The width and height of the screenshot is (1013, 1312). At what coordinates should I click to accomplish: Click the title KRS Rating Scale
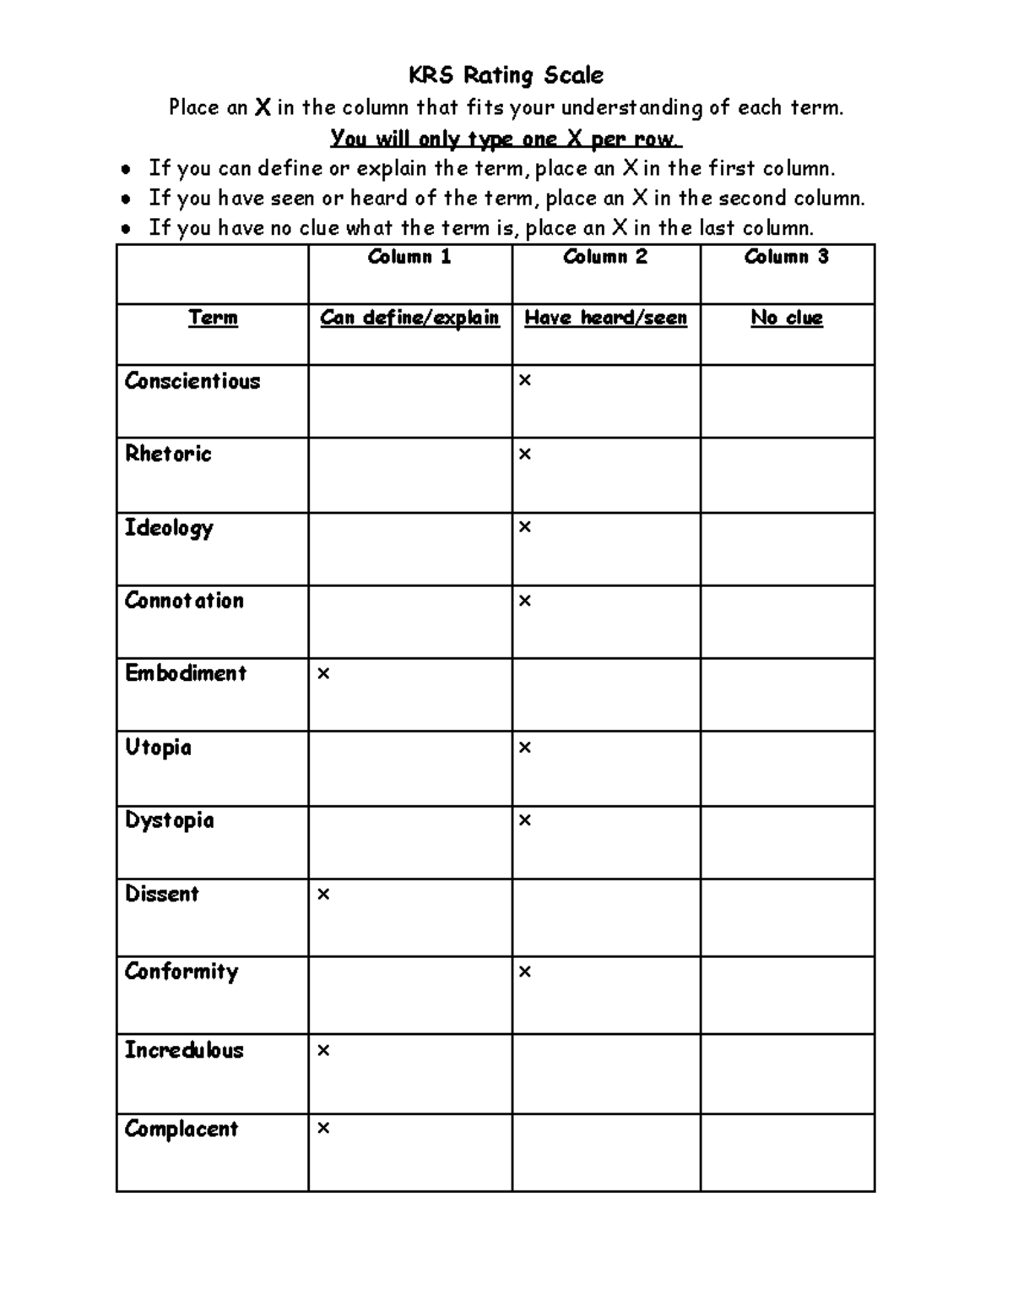pos(506,75)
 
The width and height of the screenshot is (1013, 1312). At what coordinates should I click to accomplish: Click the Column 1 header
pos(409,257)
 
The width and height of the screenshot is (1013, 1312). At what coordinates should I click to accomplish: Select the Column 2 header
pos(605,257)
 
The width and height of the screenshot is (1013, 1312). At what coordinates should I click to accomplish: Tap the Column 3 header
pos(787,257)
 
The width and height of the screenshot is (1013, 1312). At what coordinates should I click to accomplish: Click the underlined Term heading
pos(213,318)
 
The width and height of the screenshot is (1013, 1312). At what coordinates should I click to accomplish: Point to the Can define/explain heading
pos(409,318)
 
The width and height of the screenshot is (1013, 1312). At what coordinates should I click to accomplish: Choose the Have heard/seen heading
pos(605,318)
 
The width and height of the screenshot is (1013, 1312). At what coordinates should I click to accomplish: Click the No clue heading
pos(787,318)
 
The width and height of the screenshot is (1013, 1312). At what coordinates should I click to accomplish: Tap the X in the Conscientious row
pos(525,381)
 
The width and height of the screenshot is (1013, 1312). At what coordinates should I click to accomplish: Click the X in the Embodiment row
pos(322,674)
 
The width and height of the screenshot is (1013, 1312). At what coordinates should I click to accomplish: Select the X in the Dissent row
pos(322,895)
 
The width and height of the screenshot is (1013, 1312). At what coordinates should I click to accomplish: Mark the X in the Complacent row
pos(322,1129)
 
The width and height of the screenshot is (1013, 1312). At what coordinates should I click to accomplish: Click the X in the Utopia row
pos(525,748)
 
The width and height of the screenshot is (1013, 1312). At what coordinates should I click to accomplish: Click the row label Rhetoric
pos(168,454)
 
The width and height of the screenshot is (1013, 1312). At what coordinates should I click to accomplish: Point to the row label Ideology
pos(169,528)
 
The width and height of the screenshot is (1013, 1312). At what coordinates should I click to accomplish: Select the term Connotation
pos(184,601)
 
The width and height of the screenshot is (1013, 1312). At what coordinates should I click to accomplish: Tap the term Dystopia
pos(169,820)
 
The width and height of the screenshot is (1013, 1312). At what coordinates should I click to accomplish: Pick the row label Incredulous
pos(184,1050)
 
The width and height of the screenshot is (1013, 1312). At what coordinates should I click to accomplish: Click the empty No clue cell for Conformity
pos(787,995)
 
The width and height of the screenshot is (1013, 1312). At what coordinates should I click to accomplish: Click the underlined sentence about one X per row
pos(506,139)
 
